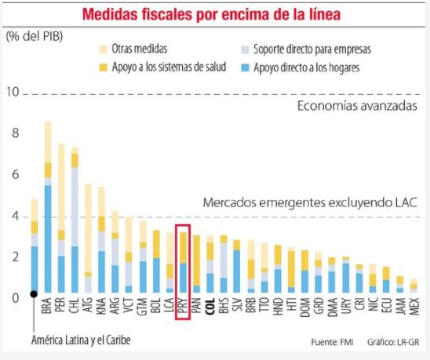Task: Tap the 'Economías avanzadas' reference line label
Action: pyautogui.click(x=356, y=106)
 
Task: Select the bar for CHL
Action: pyautogui.click(x=74, y=220)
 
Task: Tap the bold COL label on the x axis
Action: pyautogui.click(x=210, y=307)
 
